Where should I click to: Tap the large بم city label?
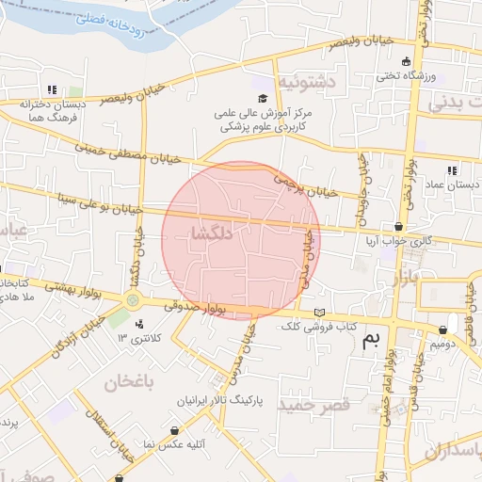click(x=374, y=344)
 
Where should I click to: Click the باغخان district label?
click(x=129, y=382)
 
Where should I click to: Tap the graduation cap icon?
click(x=263, y=98)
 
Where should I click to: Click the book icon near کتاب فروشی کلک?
click(x=319, y=312)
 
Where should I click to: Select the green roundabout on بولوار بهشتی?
click(x=133, y=300)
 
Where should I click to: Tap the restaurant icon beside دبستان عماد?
click(x=452, y=170)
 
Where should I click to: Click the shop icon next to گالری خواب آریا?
click(x=399, y=227)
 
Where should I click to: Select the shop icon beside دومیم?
click(x=442, y=330)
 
